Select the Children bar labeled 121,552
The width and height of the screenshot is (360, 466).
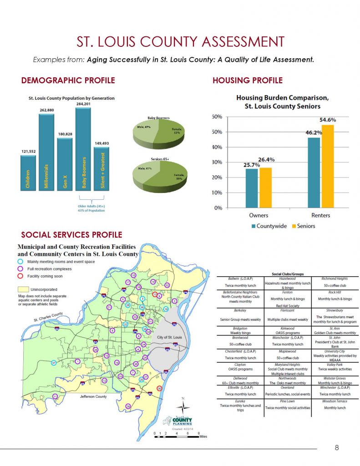click(28, 173)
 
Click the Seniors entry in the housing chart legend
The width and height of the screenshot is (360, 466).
click(303, 226)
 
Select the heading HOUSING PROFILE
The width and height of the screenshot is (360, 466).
click(248, 81)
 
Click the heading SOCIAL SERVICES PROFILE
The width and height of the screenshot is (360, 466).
click(71, 235)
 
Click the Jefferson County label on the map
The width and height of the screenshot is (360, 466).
click(93, 396)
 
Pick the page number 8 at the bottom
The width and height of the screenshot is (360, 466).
click(336, 447)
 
